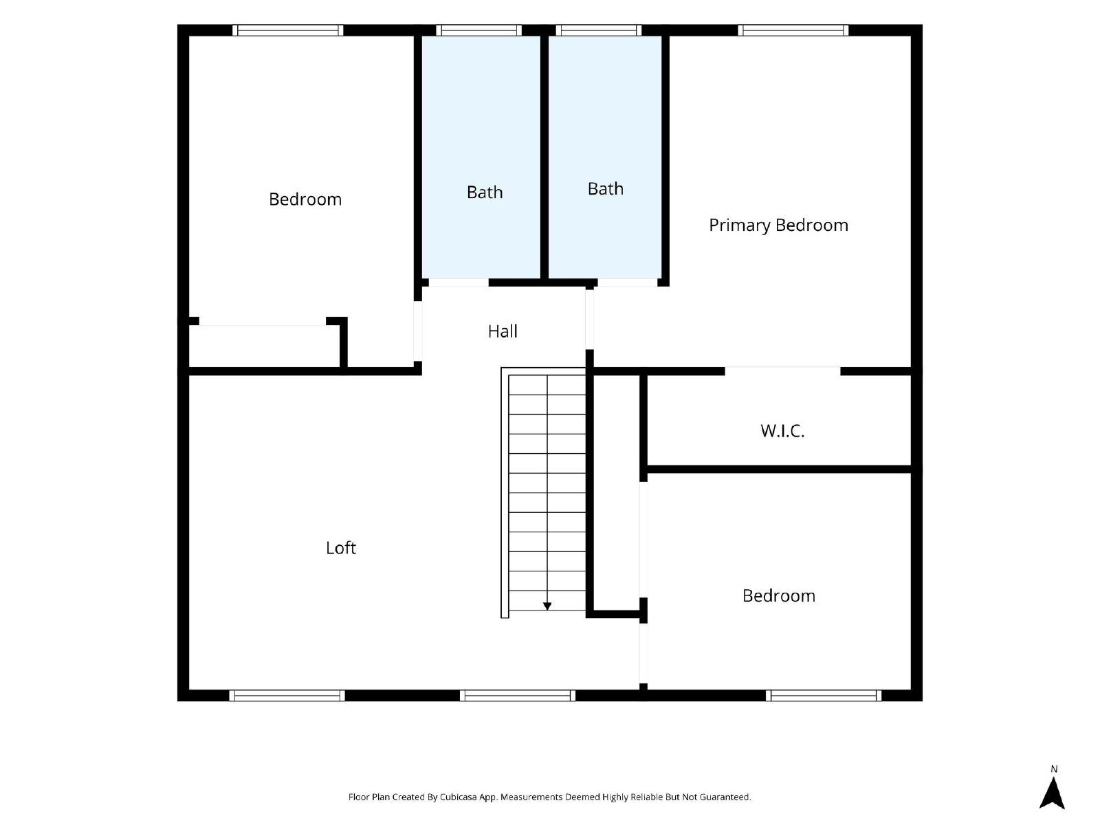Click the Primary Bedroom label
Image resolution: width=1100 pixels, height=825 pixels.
click(778, 225)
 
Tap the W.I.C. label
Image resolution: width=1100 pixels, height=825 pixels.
click(782, 431)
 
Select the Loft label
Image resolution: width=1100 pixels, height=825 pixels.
click(341, 547)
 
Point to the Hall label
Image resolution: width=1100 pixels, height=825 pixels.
click(503, 331)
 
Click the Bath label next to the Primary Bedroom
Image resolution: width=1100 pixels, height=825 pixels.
click(606, 189)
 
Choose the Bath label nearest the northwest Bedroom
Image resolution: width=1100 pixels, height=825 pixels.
click(485, 192)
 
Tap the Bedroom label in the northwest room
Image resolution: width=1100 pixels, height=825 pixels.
click(305, 199)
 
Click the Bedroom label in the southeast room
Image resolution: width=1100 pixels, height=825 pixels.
click(779, 595)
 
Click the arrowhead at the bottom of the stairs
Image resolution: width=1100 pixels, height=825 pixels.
click(547, 606)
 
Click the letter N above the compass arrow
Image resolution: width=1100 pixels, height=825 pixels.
click(1054, 769)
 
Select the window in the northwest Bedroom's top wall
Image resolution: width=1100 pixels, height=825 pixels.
click(287, 30)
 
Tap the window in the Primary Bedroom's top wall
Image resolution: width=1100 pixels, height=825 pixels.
click(793, 30)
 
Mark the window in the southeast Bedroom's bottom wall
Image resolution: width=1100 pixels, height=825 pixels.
click(824, 695)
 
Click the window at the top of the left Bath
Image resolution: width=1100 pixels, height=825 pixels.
click(478, 30)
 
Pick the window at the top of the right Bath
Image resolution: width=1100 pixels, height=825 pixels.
click(598, 30)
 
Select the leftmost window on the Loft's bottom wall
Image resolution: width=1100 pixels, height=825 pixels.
click(287, 695)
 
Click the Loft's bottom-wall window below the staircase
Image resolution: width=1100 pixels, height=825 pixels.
click(518, 695)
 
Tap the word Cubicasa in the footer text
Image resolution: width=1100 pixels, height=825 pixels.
click(458, 797)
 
